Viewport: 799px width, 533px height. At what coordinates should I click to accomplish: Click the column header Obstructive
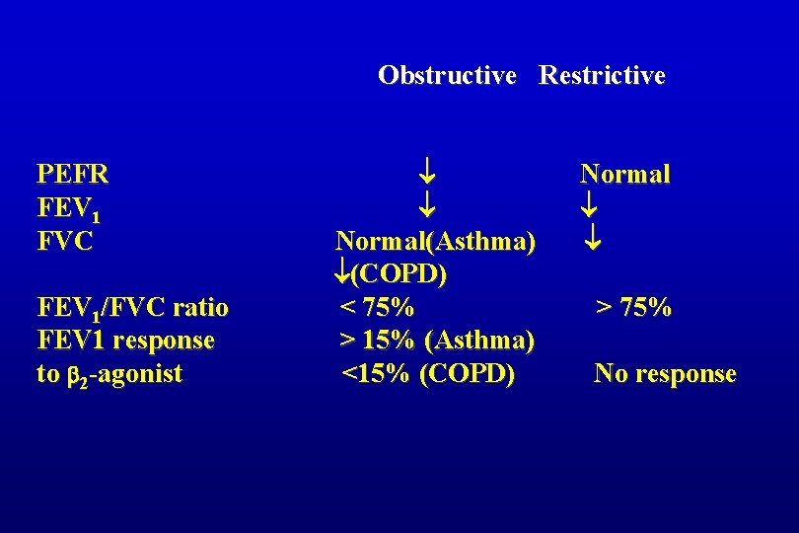coord(447,75)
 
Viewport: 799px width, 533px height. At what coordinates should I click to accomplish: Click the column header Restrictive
coord(602,75)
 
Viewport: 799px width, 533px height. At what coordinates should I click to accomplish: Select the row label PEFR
coord(72,175)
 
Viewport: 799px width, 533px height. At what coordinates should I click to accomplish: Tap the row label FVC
coord(65,241)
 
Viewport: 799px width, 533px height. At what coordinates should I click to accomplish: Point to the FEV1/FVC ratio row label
coord(132,308)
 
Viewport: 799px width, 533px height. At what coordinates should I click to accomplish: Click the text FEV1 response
coord(125,341)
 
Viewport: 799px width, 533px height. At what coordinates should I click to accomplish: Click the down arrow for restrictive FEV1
coord(590,207)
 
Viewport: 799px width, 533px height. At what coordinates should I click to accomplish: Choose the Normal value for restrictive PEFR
coord(624,175)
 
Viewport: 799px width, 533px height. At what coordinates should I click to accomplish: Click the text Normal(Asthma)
coord(436,241)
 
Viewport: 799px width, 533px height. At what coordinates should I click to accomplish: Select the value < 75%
coord(377,308)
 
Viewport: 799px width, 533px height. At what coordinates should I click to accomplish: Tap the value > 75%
coord(632,308)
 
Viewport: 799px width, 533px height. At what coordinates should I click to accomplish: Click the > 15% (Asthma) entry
coord(437,341)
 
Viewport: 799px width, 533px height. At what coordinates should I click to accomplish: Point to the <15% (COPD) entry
coord(427,374)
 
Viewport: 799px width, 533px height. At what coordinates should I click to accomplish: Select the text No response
coord(664,374)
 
